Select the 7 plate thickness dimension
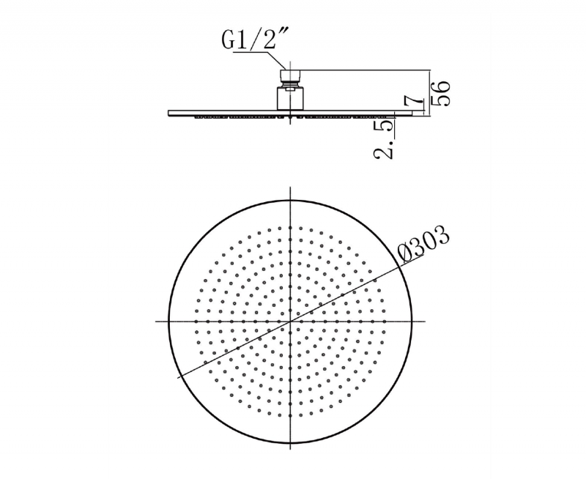(x=414, y=102)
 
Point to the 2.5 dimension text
(x=384, y=139)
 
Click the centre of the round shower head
(x=290, y=322)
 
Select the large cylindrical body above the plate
(x=290, y=99)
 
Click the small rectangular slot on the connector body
(x=289, y=89)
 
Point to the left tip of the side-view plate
(x=168, y=113)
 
